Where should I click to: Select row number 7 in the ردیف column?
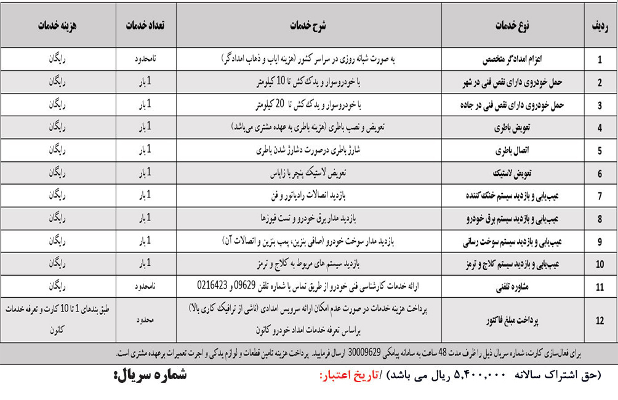[600, 196]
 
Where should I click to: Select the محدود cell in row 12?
[145, 321]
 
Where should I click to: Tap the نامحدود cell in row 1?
[145, 60]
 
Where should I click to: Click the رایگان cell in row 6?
[57, 173]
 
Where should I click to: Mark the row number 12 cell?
[600, 321]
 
